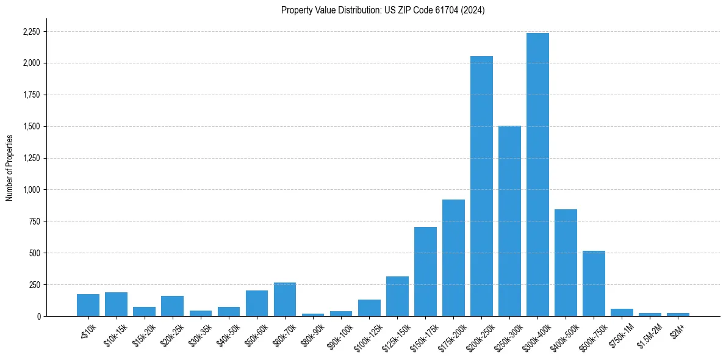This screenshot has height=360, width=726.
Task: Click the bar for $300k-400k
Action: click(x=537, y=175)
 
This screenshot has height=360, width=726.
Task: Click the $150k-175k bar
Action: click(x=425, y=272)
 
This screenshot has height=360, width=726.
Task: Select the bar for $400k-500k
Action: click(x=566, y=262)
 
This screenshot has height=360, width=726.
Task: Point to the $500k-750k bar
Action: click(x=594, y=283)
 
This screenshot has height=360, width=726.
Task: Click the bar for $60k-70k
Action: click(x=285, y=299)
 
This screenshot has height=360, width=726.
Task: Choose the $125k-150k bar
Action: click(x=397, y=296)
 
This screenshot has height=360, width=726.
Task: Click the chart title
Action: click(x=383, y=10)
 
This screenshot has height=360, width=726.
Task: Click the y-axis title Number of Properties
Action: click(x=10, y=167)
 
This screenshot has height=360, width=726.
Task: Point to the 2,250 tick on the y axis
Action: click(x=31, y=32)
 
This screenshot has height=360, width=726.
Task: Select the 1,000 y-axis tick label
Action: click(x=31, y=190)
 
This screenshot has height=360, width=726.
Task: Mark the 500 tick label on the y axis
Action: click(x=34, y=253)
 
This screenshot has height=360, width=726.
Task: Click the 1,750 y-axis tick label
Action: click(x=31, y=95)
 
